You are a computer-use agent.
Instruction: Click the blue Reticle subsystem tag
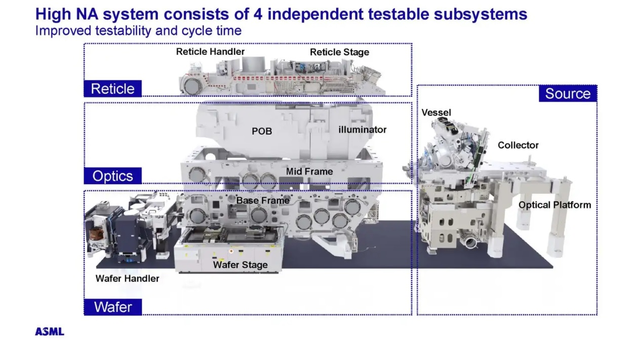(x=112, y=89)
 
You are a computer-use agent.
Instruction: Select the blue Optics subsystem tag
(x=112, y=176)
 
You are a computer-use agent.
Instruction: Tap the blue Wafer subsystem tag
(x=112, y=307)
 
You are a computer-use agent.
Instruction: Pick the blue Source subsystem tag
(x=568, y=94)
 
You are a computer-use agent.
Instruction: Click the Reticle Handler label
(x=210, y=52)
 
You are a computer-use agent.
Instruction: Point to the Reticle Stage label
(x=339, y=52)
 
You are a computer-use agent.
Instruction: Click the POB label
(x=262, y=131)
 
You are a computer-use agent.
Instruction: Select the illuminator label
(x=362, y=130)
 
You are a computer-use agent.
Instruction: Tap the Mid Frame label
(x=309, y=171)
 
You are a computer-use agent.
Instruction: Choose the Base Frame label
(x=263, y=201)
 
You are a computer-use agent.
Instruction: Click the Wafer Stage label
(x=240, y=265)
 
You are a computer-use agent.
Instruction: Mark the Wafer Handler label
(x=127, y=278)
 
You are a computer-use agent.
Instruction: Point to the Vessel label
(x=436, y=112)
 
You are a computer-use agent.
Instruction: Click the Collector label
(x=518, y=145)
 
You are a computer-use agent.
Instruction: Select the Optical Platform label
(x=554, y=205)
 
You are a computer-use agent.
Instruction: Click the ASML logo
(x=50, y=332)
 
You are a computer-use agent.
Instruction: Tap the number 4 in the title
(x=258, y=14)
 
